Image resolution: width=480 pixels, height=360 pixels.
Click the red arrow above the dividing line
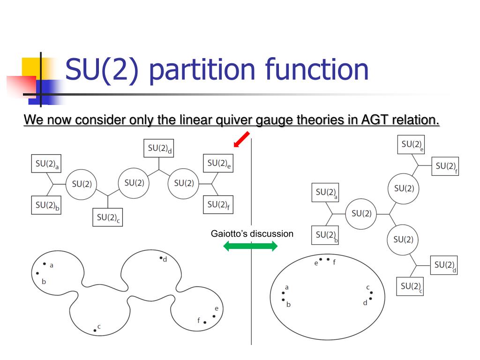(x=241, y=140)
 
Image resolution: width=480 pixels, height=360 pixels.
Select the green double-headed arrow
(x=251, y=246)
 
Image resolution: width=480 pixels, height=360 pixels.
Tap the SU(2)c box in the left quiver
(x=107, y=217)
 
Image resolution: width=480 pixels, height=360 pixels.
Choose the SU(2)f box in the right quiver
(x=446, y=166)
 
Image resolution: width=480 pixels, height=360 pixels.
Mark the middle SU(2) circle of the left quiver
(x=134, y=183)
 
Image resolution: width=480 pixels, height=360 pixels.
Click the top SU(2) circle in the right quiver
(x=404, y=188)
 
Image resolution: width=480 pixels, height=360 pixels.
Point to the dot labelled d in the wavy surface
(x=160, y=258)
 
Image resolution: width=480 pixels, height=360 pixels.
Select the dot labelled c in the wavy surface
(x=95, y=330)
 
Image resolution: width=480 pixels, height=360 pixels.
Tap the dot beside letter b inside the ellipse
(x=283, y=300)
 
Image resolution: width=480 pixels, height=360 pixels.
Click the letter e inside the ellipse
(x=316, y=263)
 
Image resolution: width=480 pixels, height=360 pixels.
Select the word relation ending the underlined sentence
(x=417, y=120)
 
